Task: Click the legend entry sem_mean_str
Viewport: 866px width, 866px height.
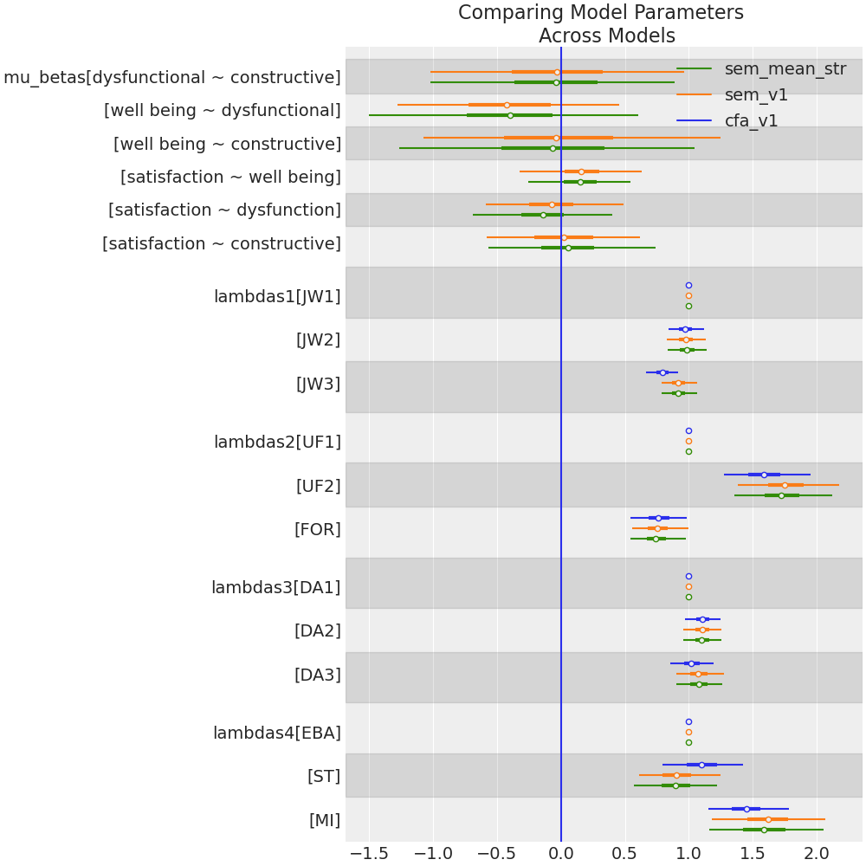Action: pyautogui.click(x=785, y=69)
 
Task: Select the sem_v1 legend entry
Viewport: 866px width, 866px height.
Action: pyautogui.click(x=756, y=95)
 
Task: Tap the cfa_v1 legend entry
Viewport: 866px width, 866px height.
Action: pyautogui.click(x=751, y=120)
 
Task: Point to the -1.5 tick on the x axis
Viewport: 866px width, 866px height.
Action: pyautogui.click(x=369, y=853)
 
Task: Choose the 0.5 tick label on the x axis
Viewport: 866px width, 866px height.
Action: pyautogui.click(x=624, y=853)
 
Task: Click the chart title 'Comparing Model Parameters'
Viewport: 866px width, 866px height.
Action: pyautogui.click(x=601, y=13)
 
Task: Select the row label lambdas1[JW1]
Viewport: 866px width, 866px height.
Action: pyautogui.click(x=277, y=297)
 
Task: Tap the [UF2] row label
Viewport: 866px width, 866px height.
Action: pyautogui.click(x=318, y=486)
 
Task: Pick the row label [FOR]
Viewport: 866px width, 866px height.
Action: pyautogui.click(x=317, y=529)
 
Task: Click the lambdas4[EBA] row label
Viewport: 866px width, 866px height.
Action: pyautogui.click(x=277, y=733)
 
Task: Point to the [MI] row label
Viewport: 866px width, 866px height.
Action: pyautogui.click(x=325, y=820)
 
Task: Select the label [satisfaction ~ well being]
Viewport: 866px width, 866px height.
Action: pyautogui.click(x=230, y=178)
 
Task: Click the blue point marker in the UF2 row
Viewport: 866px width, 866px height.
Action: pyautogui.click(x=764, y=475)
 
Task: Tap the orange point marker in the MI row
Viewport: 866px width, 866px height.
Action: pyautogui.click(x=768, y=819)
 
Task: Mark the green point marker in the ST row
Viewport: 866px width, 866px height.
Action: pyautogui.click(x=675, y=785)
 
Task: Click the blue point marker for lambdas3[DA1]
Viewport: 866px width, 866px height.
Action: pyautogui.click(x=688, y=576)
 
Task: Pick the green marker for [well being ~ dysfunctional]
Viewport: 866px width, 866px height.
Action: pyautogui.click(x=510, y=115)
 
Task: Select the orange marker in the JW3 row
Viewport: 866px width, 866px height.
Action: pyautogui.click(x=678, y=383)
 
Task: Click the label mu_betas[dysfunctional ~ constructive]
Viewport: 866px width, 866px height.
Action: pyautogui.click(x=172, y=78)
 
